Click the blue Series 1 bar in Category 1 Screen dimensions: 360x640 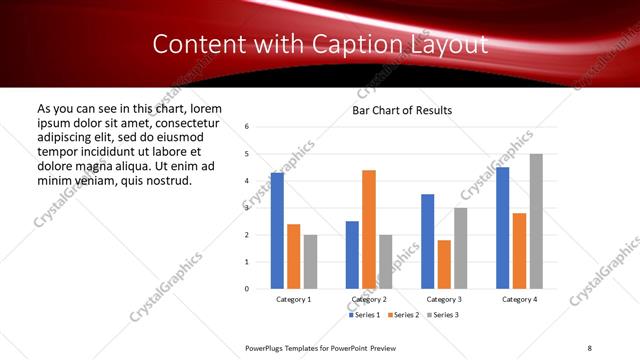coord(277,231)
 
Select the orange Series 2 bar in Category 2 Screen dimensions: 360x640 coord(369,229)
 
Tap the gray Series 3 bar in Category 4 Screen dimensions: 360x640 coord(536,221)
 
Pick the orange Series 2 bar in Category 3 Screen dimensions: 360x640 coord(444,264)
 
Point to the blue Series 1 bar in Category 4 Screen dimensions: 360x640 coord(502,228)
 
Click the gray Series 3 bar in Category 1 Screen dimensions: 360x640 coord(310,262)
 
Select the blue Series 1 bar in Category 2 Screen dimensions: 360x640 coord(352,255)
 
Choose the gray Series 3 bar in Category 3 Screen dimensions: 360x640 coord(461,248)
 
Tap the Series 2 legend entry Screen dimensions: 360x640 coord(404,315)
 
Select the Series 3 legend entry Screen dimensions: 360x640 coord(445,315)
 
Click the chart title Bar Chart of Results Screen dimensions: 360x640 coord(402,110)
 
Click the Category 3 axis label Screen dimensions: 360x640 coord(444,300)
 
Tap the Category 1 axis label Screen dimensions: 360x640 coord(294,300)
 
